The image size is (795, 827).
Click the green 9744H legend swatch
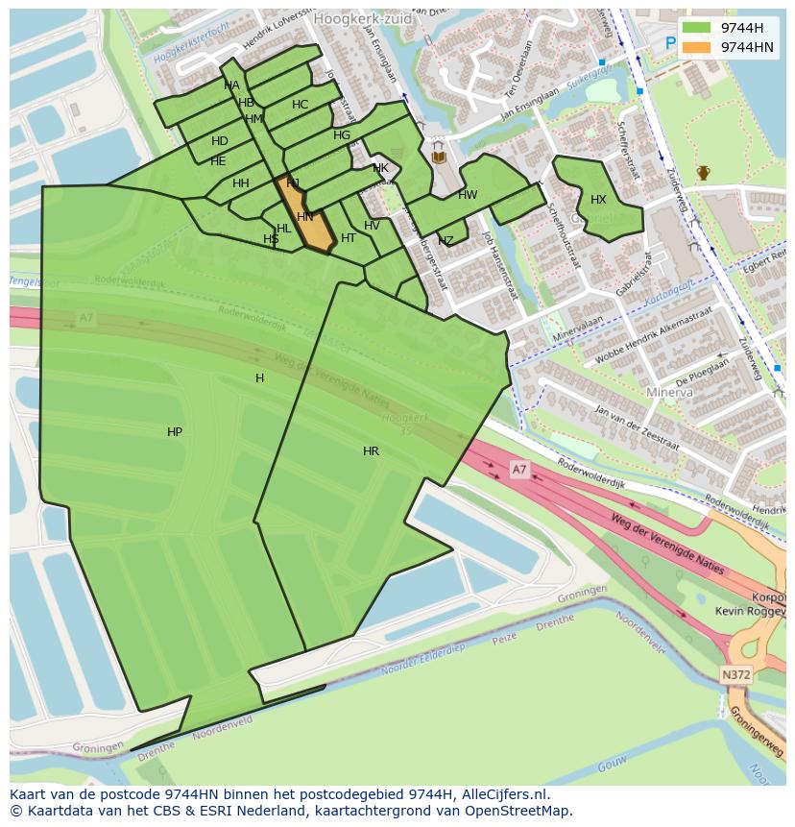(697, 28)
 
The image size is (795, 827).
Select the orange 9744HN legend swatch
(697, 47)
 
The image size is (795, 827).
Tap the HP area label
(175, 433)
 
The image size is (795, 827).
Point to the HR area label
(371, 451)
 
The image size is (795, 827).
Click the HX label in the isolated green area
(598, 200)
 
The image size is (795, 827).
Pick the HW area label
(468, 195)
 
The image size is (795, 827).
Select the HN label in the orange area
(305, 218)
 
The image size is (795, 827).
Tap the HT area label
(349, 239)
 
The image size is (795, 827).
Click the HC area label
(301, 105)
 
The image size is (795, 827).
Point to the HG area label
(342, 135)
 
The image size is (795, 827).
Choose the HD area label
(220, 142)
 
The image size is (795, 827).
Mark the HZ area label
(446, 241)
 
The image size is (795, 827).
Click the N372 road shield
(735, 675)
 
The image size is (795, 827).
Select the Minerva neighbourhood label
(669, 393)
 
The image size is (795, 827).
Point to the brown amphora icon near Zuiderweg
(704, 173)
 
